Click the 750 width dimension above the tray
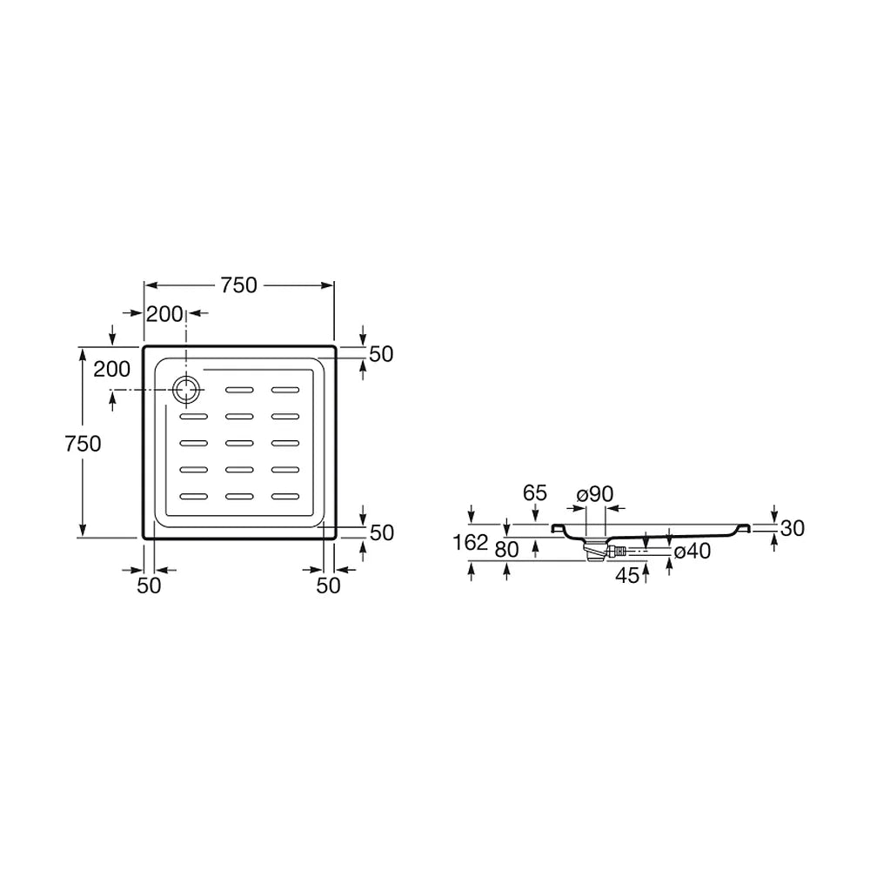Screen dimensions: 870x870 239,285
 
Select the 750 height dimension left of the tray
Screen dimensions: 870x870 83,444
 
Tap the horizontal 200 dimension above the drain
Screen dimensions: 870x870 164,314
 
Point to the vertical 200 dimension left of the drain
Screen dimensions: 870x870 111,369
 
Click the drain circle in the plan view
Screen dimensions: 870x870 186,390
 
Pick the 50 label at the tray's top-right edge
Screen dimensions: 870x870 381,354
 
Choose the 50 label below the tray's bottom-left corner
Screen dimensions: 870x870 149,586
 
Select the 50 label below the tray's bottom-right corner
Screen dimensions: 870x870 328,586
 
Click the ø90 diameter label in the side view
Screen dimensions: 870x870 595,494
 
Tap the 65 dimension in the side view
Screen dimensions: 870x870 535,492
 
